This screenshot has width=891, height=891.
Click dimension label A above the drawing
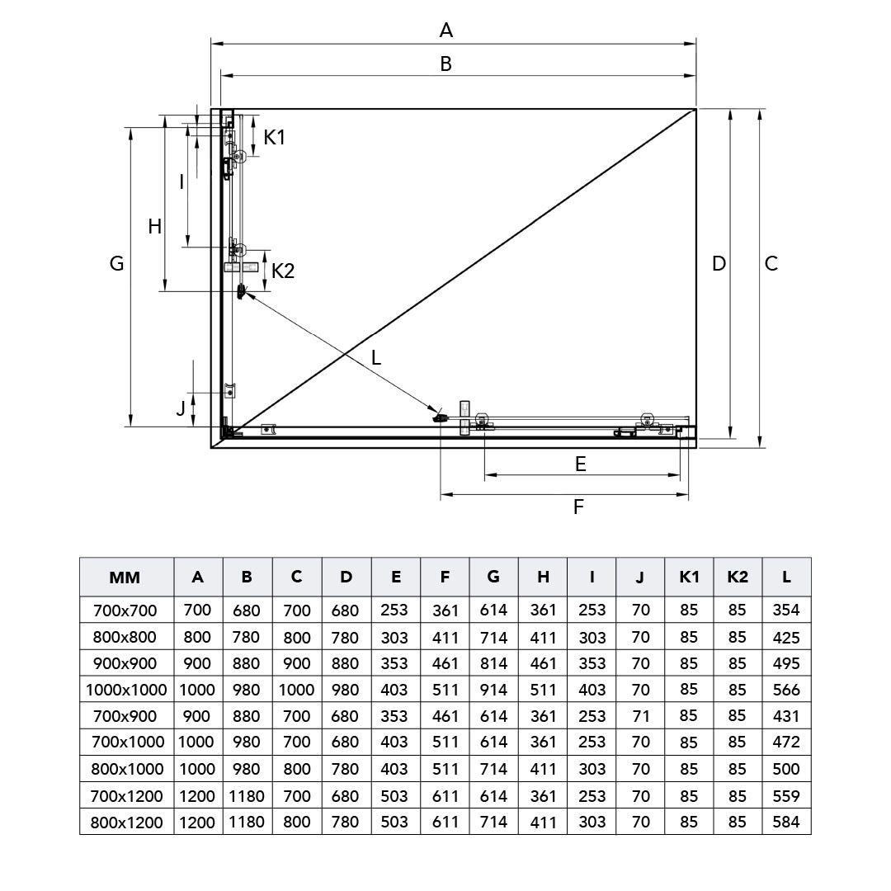(x=446, y=31)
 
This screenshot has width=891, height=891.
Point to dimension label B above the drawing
(x=446, y=64)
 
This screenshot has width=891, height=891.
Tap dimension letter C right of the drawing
(x=771, y=263)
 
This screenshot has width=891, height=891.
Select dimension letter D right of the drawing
(x=719, y=263)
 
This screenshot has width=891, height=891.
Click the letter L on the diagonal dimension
(x=376, y=357)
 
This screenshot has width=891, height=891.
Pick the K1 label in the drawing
(x=275, y=137)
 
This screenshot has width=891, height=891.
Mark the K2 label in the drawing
(x=283, y=271)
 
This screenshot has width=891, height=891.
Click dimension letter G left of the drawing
(x=116, y=263)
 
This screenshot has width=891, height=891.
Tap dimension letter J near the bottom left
(x=180, y=408)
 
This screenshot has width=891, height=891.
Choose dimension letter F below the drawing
(x=578, y=507)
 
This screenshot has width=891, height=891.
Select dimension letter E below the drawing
(x=580, y=464)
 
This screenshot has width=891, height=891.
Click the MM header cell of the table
(x=125, y=577)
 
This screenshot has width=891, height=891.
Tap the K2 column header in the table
(x=738, y=577)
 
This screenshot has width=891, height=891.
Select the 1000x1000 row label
(x=126, y=690)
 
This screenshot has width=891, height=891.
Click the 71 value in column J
(x=640, y=716)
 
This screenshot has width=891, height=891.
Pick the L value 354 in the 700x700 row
(x=786, y=610)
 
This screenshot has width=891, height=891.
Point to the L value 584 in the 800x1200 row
(x=786, y=823)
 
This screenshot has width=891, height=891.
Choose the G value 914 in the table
(x=493, y=690)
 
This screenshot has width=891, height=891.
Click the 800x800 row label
(x=126, y=637)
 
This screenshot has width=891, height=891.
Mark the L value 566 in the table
(x=786, y=690)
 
